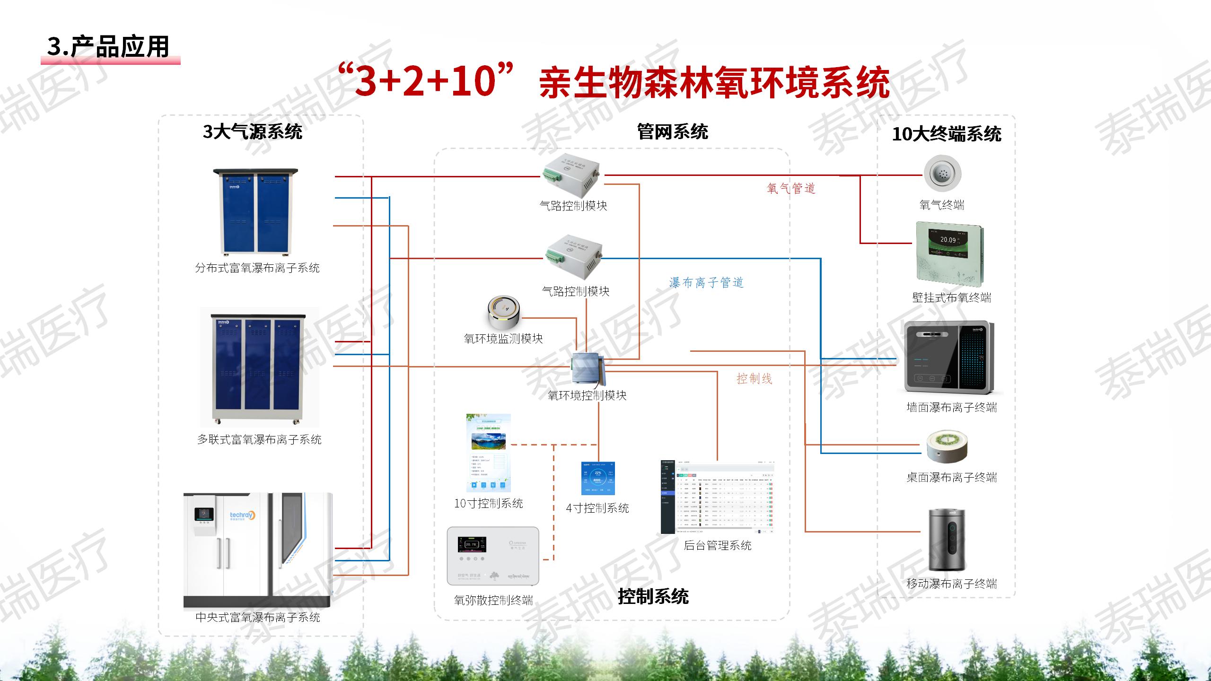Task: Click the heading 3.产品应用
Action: [x=108, y=47]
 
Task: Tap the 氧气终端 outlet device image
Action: [x=942, y=174]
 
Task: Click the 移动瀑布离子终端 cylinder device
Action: [x=947, y=539]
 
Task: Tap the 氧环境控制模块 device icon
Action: [x=587, y=369]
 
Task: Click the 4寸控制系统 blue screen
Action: [x=598, y=478]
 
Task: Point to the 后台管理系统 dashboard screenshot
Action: [x=717, y=497]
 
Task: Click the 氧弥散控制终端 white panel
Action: [x=493, y=556]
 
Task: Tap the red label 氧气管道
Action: [x=791, y=189]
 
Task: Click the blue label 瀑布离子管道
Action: [x=706, y=283]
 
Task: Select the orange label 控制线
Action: [x=754, y=379]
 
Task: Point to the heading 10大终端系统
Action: [x=947, y=134]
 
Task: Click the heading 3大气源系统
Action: [x=253, y=131]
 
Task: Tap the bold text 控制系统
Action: [x=653, y=596]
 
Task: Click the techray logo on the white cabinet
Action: [x=242, y=515]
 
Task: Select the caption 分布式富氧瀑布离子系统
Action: [x=257, y=268]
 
